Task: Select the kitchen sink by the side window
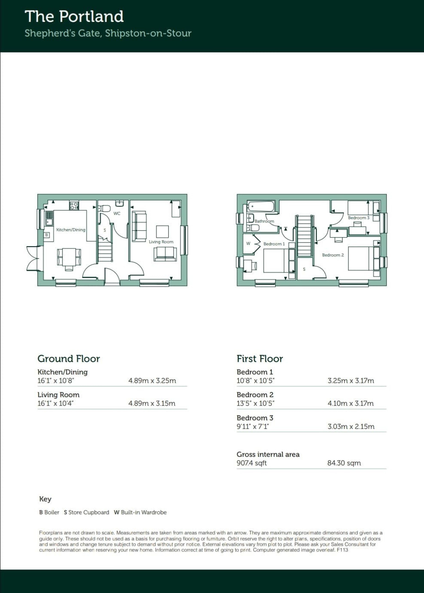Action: (x=49, y=218)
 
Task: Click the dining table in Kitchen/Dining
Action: (x=69, y=257)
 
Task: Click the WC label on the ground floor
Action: (x=117, y=213)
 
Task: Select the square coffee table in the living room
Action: (x=162, y=231)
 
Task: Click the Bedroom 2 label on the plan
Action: (x=333, y=255)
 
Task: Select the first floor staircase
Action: (x=304, y=236)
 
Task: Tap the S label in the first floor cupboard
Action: (x=304, y=269)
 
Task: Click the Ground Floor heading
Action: (x=69, y=359)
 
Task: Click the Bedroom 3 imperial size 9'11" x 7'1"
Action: (x=253, y=427)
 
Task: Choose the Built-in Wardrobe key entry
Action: (x=140, y=512)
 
